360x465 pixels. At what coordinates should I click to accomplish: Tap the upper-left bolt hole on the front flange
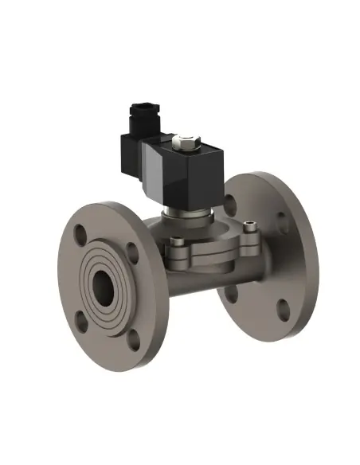80,236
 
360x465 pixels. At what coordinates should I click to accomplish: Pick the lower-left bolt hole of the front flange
80,322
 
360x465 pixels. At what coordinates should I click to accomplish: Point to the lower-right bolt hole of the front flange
133,340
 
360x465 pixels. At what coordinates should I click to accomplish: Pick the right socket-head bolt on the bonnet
250,229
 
